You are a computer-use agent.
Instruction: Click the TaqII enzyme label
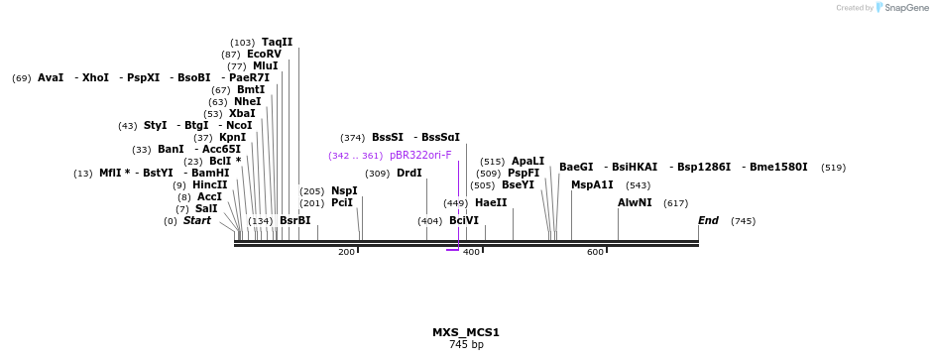pos(277,42)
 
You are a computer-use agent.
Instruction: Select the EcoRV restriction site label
pos(264,54)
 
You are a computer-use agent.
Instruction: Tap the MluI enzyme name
pos(265,65)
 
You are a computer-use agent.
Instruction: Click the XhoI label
pos(96,77)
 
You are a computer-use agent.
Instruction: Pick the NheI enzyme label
pos(248,101)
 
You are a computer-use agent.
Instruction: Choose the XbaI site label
pos(242,113)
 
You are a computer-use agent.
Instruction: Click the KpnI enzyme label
pos(233,137)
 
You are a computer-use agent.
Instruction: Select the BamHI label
pos(210,173)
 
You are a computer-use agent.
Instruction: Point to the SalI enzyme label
pos(206,208)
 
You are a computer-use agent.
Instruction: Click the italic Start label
pos(196,220)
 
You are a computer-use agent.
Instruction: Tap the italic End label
pos(708,220)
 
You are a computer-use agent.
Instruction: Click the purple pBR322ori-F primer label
pos(420,155)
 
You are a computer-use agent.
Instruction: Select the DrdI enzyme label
pos(408,173)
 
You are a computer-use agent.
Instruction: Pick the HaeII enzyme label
pos(491,202)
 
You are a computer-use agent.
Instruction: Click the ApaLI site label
pos(527,161)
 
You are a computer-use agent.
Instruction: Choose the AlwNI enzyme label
pos(635,202)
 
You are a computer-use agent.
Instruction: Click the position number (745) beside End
pos(743,220)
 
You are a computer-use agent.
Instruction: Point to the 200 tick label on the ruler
pos(346,252)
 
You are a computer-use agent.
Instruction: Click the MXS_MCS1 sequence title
pos(466,332)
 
